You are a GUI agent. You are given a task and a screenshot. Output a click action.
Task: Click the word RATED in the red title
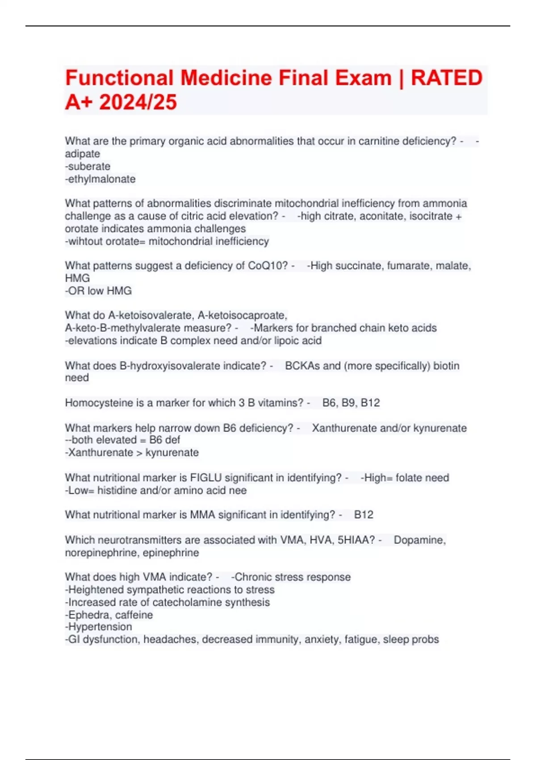(446, 78)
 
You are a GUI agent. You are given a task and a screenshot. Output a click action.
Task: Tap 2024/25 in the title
(138, 102)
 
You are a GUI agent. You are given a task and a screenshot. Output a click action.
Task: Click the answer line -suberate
(88, 166)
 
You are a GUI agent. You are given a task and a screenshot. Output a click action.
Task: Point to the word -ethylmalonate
(100, 179)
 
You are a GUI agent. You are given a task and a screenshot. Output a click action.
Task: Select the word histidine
(117, 490)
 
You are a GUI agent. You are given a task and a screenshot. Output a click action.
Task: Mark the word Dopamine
(419, 540)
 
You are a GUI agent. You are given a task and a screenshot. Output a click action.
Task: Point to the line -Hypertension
(98, 627)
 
